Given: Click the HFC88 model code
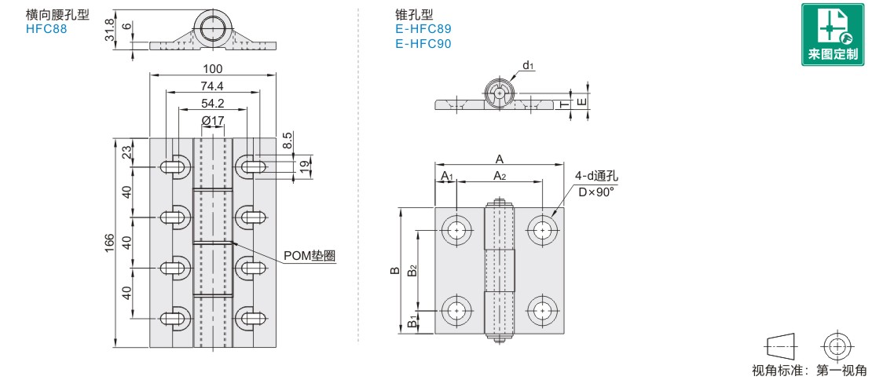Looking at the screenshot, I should [x=46, y=28].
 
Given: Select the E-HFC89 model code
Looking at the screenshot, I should [x=423, y=29].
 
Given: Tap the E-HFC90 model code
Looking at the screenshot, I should [x=423, y=43].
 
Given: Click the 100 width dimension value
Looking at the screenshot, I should [x=212, y=69].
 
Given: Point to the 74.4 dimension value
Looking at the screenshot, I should [x=212, y=86].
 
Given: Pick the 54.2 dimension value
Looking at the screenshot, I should [x=212, y=103].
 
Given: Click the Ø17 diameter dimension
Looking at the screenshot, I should [x=212, y=120].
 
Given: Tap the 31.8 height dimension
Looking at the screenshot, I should [x=109, y=31].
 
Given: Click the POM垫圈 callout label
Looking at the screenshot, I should [x=310, y=256].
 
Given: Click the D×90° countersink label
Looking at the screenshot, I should [x=596, y=191].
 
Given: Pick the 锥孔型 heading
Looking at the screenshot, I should [x=414, y=14].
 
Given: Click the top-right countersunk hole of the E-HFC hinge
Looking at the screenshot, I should [x=541, y=229].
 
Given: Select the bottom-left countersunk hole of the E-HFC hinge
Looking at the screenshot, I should [x=457, y=311].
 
